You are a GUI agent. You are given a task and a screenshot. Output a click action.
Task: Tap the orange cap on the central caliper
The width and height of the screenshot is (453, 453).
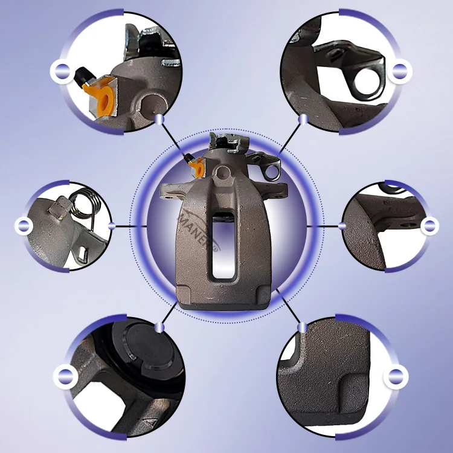(x=194, y=165)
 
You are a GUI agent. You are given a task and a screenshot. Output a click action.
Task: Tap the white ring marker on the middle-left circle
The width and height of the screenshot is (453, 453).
(x=24, y=226)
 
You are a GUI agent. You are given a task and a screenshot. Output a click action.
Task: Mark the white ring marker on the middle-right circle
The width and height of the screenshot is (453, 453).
(x=429, y=226)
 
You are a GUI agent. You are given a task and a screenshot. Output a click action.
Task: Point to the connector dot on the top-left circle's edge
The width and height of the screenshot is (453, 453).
(x=159, y=119)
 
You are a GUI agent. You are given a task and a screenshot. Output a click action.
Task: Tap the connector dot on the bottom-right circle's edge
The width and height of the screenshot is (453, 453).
(x=301, y=327)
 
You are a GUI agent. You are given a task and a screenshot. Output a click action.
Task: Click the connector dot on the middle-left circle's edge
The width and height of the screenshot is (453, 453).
(x=112, y=226)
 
